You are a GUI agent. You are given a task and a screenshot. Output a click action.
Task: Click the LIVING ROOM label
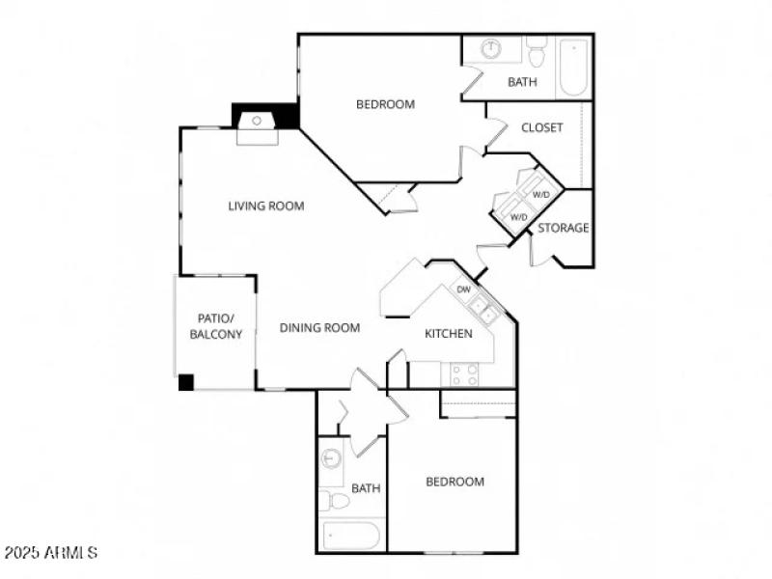(x=266, y=206)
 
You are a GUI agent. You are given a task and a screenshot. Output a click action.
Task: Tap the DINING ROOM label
(x=319, y=328)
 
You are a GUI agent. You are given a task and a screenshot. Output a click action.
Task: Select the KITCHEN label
(x=449, y=334)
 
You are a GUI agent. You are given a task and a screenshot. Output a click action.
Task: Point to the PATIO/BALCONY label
(x=214, y=326)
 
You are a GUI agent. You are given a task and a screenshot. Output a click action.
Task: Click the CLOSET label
(x=541, y=127)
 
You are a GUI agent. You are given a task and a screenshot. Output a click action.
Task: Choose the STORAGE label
(x=563, y=228)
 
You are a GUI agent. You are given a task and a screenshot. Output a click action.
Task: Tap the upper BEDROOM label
(x=385, y=104)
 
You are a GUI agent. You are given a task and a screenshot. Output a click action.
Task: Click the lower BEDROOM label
(x=455, y=482)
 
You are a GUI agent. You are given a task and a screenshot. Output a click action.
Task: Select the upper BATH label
(x=522, y=82)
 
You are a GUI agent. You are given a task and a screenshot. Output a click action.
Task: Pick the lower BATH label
(x=366, y=488)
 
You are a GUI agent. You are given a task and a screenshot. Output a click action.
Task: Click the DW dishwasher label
(x=463, y=289)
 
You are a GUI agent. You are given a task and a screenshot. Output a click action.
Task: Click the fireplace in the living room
(x=257, y=122)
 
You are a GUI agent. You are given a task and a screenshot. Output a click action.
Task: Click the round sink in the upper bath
(x=491, y=48)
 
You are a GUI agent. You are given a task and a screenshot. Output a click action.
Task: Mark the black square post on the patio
(x=186, y=382)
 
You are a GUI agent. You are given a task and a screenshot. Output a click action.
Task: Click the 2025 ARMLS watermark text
(x=50, y=553)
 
